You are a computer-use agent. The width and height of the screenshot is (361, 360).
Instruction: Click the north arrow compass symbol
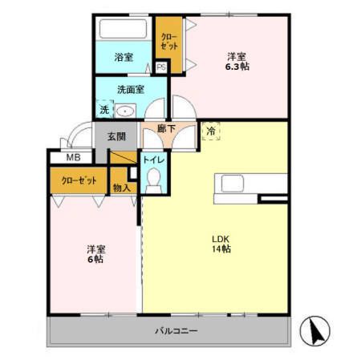314,331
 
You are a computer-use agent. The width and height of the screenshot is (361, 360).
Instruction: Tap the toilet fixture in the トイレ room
154,180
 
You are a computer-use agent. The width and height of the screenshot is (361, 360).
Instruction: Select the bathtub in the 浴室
123,29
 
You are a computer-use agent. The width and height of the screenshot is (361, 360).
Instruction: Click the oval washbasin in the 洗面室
125,111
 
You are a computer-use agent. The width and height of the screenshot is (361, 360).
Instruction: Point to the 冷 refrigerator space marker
211,131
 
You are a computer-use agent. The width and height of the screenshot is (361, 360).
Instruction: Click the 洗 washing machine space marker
104,109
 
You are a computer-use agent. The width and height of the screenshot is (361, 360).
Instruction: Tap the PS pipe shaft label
161,67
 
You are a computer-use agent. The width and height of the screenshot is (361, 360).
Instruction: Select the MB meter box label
73,157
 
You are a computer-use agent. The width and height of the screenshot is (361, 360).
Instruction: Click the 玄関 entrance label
116,136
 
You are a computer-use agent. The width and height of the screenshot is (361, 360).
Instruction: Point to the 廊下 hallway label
166,129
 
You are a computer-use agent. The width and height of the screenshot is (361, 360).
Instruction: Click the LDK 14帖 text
221,244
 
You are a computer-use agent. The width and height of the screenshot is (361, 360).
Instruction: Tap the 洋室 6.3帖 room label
237,62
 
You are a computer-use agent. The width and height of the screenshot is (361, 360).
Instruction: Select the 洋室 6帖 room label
96,254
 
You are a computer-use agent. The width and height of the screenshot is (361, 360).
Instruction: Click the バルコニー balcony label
176,331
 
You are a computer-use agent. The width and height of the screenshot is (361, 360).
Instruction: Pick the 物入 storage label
122,188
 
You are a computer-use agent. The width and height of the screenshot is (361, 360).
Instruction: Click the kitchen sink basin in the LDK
233,184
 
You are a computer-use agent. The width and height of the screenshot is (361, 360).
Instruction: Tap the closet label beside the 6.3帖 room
169,42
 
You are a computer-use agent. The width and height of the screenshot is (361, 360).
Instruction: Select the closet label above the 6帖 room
79,180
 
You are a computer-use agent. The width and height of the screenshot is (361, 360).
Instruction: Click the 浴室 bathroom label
124,57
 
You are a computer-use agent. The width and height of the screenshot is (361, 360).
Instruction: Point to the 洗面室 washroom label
131,90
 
